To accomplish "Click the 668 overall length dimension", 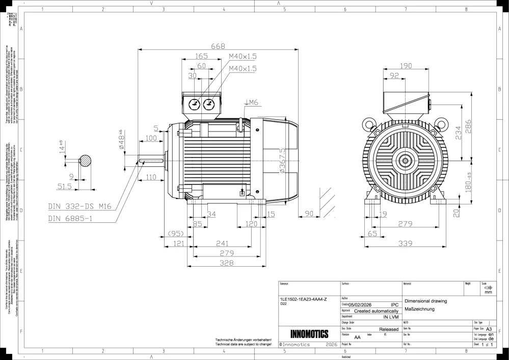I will pyautogui.click(x=218, y=46).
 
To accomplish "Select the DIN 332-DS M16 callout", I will pyautogui.click(x=79, y=207).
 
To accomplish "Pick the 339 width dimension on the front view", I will pyautogui.click(x=405, y=244).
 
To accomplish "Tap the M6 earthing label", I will pyautogui.click(x=253, y=102).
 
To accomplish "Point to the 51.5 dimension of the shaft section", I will pyautogui.click(x=64, y=187).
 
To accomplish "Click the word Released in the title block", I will pyautogui.click(x=389, y=329).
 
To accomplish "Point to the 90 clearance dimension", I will pyautogui.click(x=309, y=213).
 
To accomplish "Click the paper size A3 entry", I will pyautogui.click(x=489, y=329).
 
